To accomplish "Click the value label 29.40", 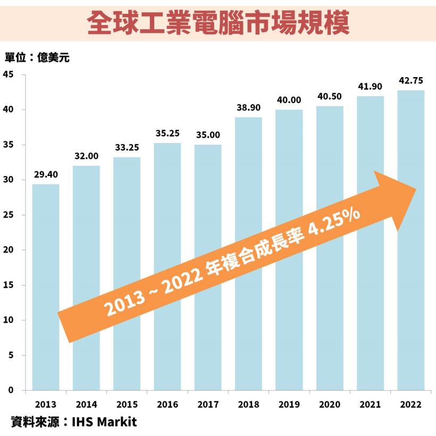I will point(46,174).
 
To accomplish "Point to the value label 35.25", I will point(167,133).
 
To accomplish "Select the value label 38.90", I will point(248,107).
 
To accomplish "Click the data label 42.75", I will point(411,81).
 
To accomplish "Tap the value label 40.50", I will point(330,96).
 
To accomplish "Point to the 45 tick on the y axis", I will point(9,74).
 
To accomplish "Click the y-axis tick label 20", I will point(9,250).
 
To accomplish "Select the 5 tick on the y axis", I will point(11,355).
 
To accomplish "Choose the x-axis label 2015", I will point(127,405).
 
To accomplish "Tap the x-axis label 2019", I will point(289,405).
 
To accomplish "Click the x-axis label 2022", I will point(411,405).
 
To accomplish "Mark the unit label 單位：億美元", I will point(37,57).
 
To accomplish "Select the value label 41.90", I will point(370,87).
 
